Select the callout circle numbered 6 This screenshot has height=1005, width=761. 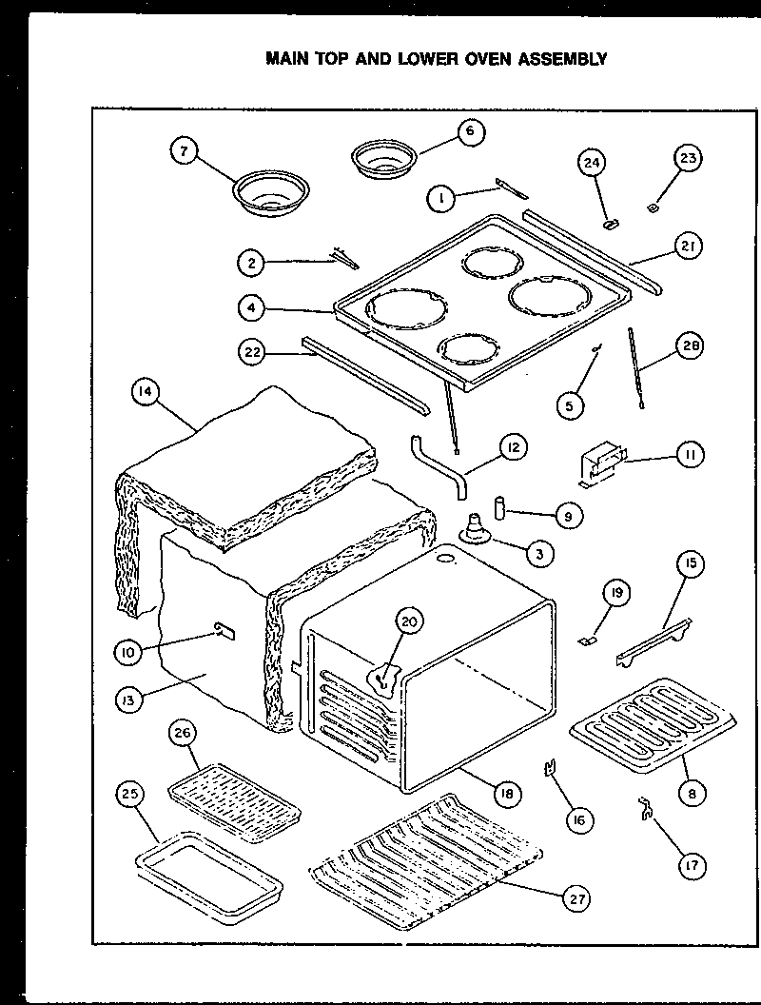click(x=470, y=131)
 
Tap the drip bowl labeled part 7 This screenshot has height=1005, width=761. click(x=263, y=191)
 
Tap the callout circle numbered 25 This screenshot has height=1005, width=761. click(x=131, y=793)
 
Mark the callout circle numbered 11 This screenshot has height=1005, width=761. click(x=689, y=456)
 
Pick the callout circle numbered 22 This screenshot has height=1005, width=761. click(x=252, y=350)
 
